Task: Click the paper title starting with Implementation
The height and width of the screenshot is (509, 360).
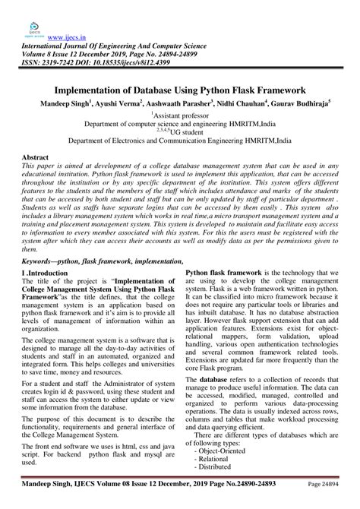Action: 179,89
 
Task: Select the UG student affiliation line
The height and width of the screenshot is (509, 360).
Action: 180,131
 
